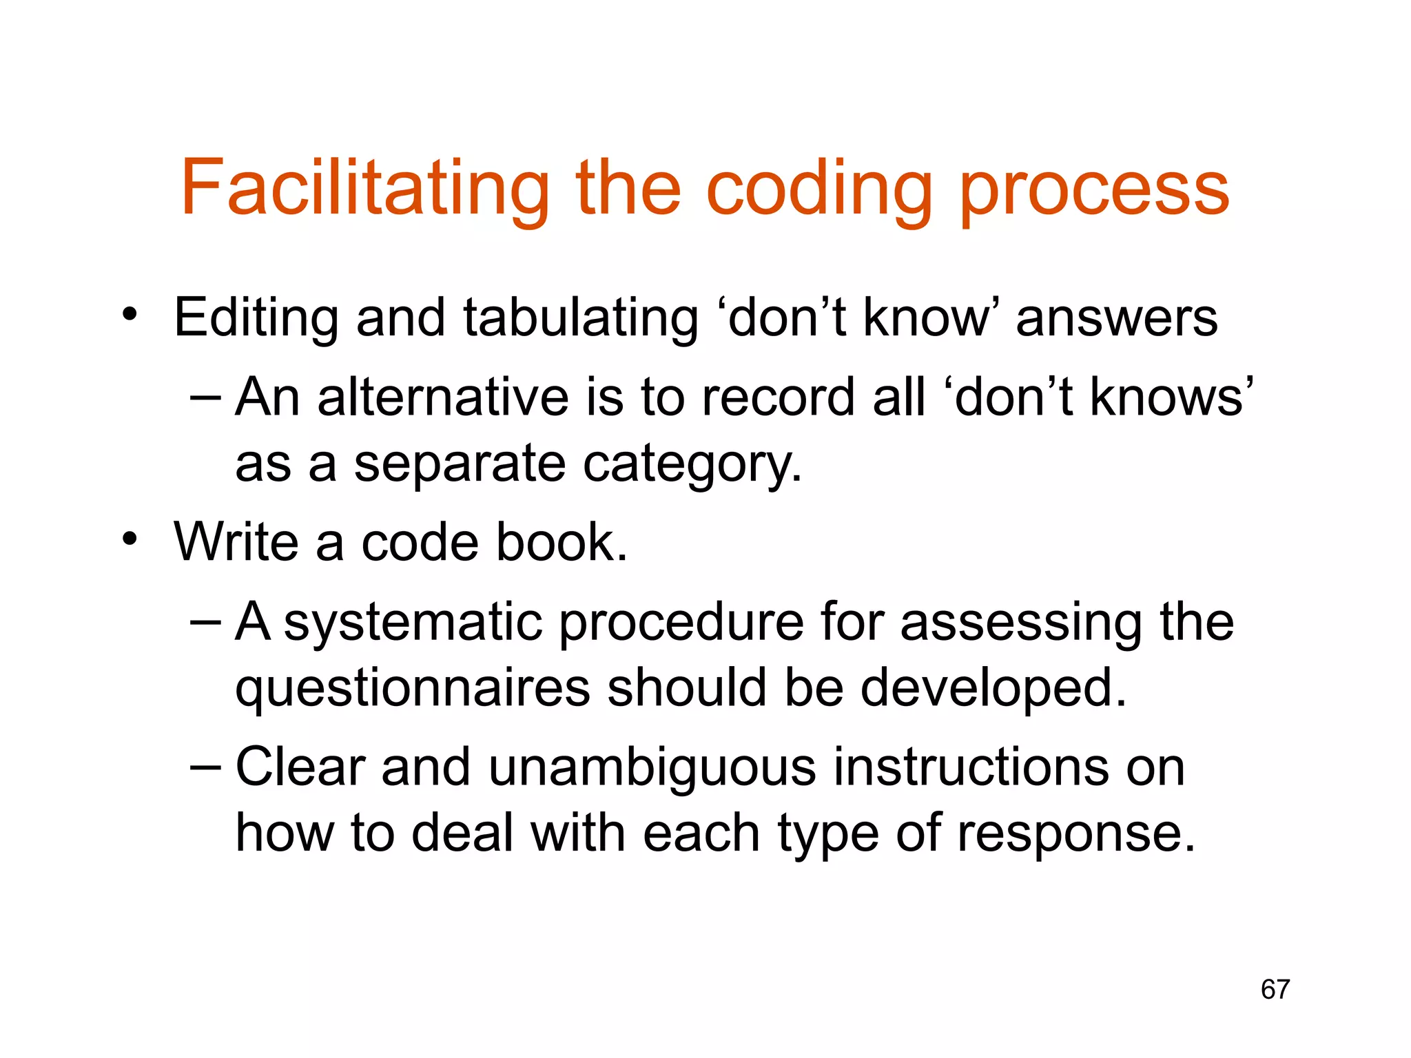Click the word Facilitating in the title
point(365,187)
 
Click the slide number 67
point(1275,989)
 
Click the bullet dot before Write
point(130,539)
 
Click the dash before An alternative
point(205,396)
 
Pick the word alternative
point(444,397)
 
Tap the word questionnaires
point(413,688)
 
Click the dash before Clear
point(205,766)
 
